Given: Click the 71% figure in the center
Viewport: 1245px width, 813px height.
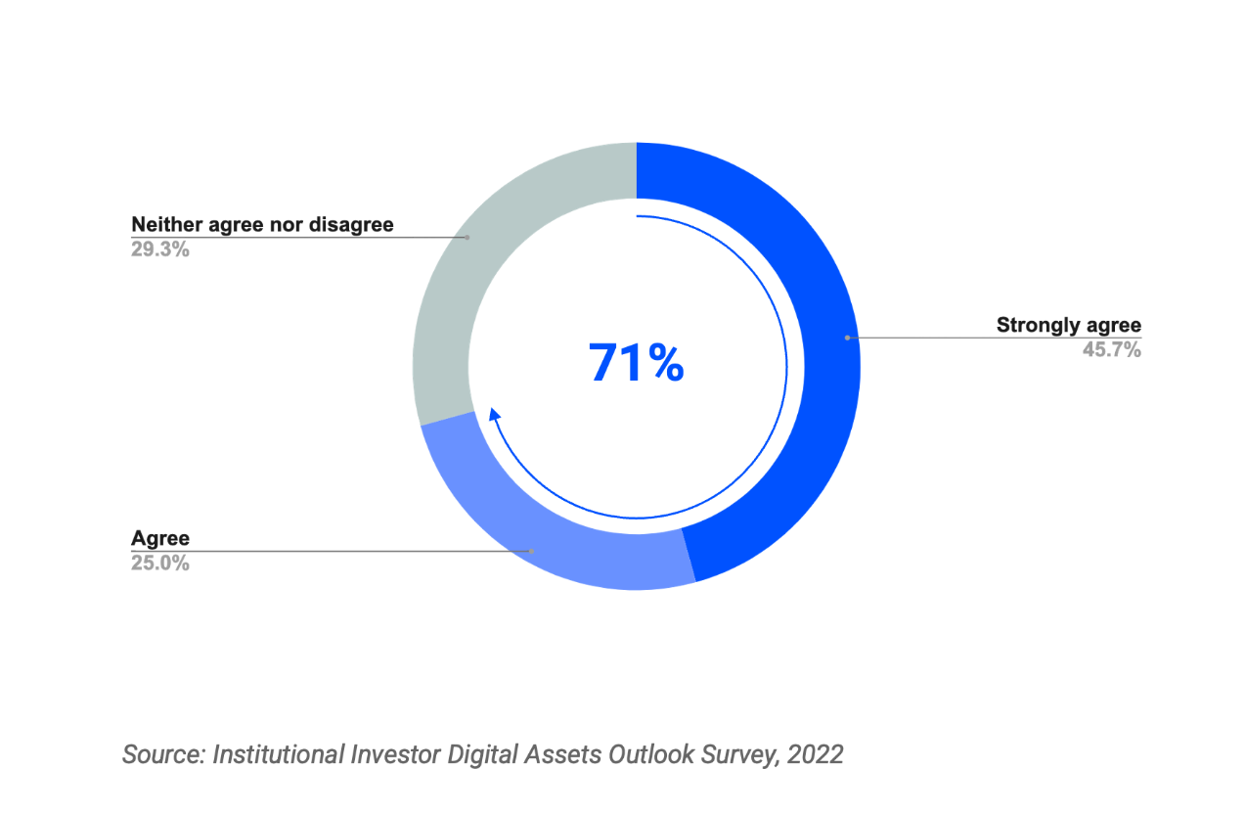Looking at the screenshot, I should click(636, 362).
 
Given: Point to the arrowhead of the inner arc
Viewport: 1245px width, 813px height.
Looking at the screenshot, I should click(494, 414).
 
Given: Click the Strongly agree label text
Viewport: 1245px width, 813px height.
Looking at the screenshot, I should click(1068, 325).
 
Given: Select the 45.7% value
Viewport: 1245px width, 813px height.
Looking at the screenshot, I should click(1111, 349).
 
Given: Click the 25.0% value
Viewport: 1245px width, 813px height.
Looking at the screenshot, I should click(159, 563).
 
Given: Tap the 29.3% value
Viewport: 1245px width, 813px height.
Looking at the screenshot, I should click(159, 248).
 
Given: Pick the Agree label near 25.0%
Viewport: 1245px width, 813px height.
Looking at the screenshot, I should click(159, 538).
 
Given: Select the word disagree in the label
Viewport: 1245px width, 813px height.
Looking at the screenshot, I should click(351, 224).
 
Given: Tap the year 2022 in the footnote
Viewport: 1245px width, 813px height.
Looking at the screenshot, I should click(815, 754).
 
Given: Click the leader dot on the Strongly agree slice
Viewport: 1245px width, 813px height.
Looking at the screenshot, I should click(847, 338).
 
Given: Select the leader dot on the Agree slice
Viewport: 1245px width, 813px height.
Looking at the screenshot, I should click(531, 551).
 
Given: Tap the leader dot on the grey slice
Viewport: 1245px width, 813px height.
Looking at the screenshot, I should click(467, 237).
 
